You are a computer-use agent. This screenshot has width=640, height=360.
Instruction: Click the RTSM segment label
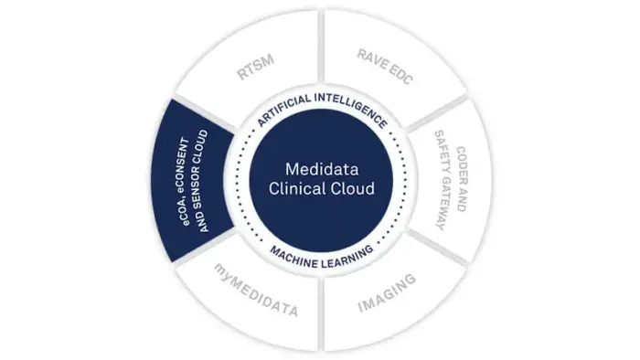click(255, 68)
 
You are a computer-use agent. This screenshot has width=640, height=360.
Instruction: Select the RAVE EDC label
click(385, 67)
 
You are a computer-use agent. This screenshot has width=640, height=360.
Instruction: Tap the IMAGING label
click(387, 292)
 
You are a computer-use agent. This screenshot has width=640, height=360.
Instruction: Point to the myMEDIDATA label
click(256, 290)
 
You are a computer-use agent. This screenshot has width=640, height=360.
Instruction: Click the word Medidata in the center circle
click(322, 169)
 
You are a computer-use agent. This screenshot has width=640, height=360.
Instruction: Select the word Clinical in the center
click(293, 189)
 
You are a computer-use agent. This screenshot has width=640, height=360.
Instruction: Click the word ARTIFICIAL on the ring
click(283, 109)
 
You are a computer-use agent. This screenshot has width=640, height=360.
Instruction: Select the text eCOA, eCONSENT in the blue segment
click(184, 182)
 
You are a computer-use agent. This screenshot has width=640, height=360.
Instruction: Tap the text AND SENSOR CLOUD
click(202, 181)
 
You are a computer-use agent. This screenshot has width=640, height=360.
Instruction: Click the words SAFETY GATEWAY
click(443, 180)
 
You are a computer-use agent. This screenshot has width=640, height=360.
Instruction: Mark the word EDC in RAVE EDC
click(400, 75)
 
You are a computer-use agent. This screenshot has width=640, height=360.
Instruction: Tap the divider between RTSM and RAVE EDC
click(321, 46)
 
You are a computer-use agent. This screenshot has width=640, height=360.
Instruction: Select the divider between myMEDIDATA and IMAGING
click(322, 314)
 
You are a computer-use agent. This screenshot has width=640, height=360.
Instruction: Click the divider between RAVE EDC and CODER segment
click(437, 113)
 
